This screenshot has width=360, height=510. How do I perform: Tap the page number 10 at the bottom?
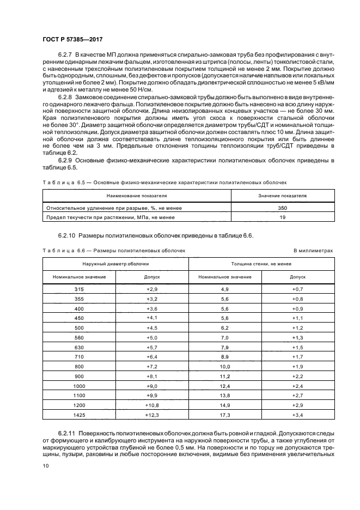click(46, 466)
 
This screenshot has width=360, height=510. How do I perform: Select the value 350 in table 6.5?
click(283, 208)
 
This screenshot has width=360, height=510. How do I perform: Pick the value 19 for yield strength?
click(283, 217)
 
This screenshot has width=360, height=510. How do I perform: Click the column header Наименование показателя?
click(137, 195)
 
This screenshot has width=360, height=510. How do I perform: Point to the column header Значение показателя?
click(283, 195)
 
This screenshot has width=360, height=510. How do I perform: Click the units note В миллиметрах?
click(313, 250)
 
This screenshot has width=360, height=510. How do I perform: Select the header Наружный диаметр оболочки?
click(115, 263)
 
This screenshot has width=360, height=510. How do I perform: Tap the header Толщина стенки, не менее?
click(260, 263)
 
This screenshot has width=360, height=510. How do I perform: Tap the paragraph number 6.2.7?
click(65, 56)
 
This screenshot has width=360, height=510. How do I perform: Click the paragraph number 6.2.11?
click(66, 431)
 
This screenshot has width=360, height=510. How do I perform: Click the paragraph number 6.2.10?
click(66, 236)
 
